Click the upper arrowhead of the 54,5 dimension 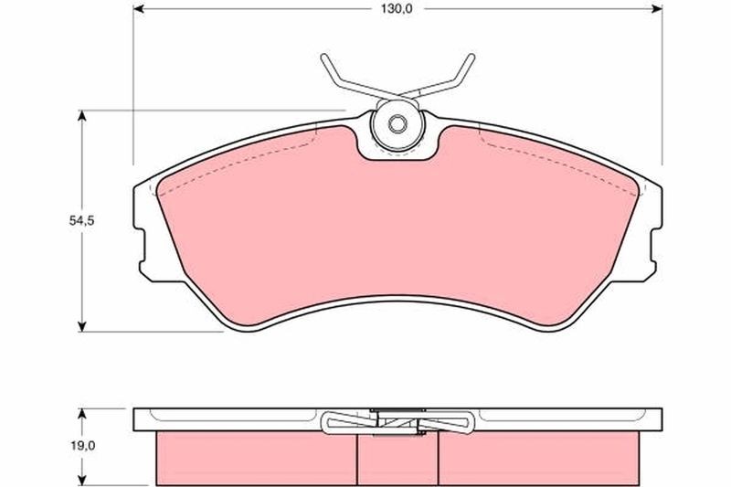tap(84, 116)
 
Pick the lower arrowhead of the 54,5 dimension tap(84, 325)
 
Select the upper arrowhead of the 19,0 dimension tap(84, 411)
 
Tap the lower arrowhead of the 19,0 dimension tap(84, 480)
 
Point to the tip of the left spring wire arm tap(323, 58)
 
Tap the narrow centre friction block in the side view tap(397, 457)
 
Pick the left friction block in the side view tap(257, 457)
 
